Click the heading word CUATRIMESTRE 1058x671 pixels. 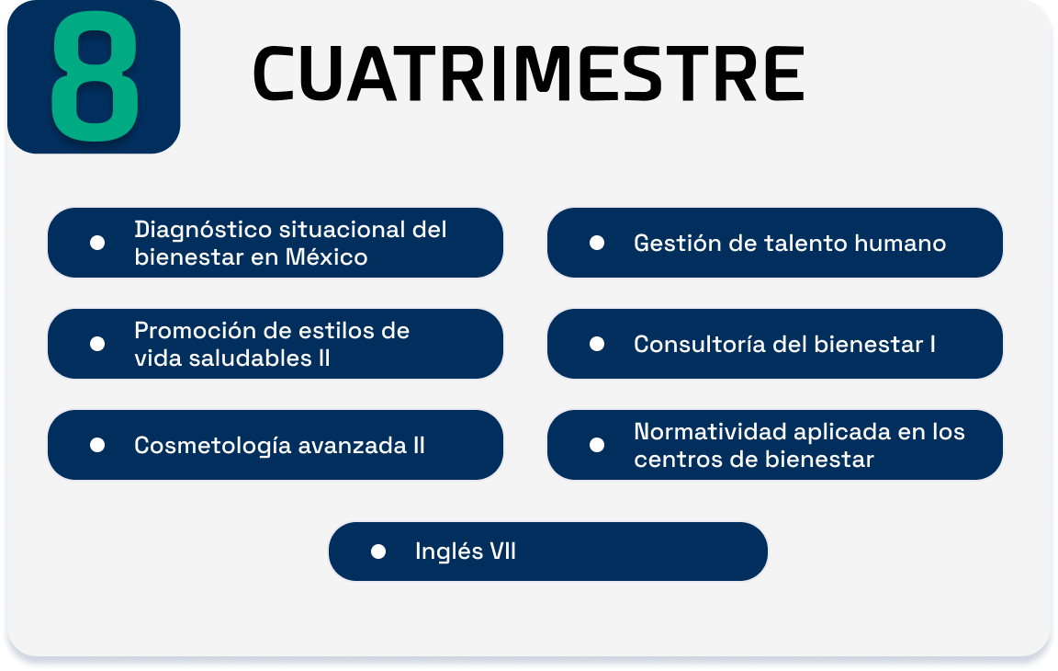[528, 74]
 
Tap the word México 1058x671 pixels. [327, 257]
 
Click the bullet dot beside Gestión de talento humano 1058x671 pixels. [596, 243]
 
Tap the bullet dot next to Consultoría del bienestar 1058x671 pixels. [596, 345]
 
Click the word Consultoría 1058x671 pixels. [700, 345]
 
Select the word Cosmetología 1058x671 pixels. [212, 446]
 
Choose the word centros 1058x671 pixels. [675, 460]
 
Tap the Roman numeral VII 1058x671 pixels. [502, 552]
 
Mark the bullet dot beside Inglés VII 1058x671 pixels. [378, 552]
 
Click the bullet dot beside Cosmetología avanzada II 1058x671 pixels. [97, 445]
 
